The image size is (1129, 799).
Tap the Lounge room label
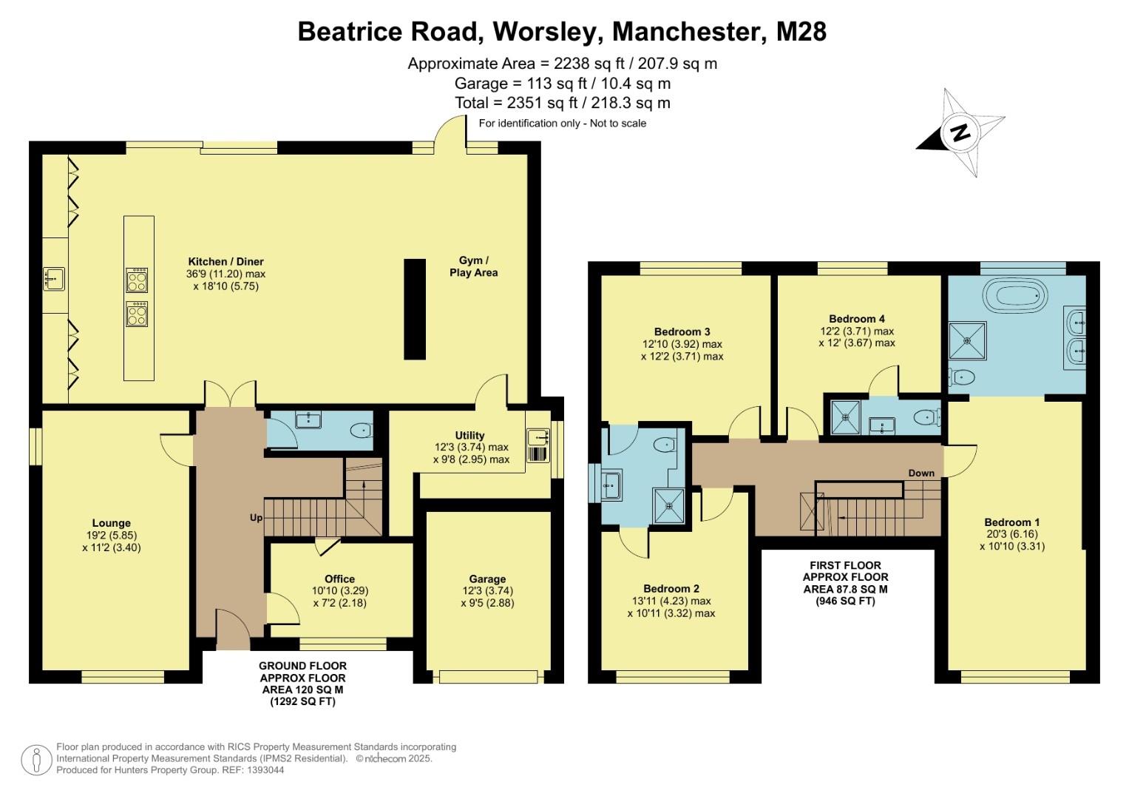coord(112,523)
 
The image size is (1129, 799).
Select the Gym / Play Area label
coord(473,266)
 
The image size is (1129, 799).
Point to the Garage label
coord(487,579)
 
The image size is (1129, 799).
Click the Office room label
coord(339,579)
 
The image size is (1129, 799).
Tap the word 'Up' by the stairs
coord(256,518)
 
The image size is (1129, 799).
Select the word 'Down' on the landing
coord(921,473)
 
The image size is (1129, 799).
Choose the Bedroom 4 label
coord(857,319)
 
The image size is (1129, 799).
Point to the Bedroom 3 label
coord(682,331)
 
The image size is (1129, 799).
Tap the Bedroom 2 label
coord(671,589)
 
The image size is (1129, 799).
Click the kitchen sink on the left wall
coord(53,279)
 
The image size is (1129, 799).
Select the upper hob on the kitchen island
coord(137,281)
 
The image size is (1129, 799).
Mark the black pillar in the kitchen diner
coord(415,309)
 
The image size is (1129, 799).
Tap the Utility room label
coord(469,435)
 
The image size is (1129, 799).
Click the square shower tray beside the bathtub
coord(967,340)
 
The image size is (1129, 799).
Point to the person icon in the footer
coord(35,760)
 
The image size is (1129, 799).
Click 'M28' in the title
coord(801,32)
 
